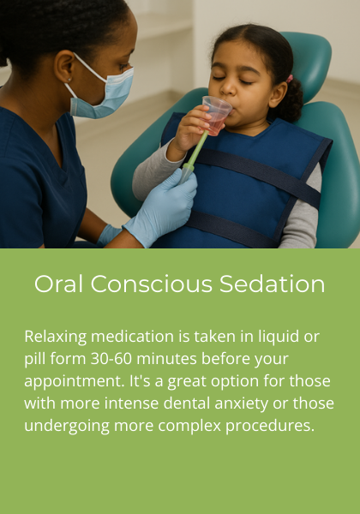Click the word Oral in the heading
(x=57, y=284)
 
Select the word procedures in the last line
(x=267, y=425)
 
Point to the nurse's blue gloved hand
(x=163, y=206)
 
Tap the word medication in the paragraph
(x=133, y=336)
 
